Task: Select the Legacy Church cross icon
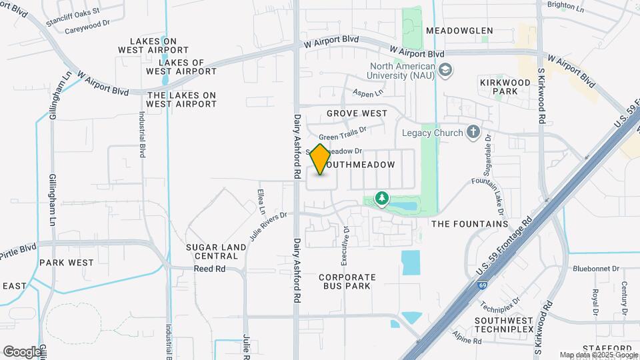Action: (473, 132)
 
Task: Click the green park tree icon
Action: (381, 198)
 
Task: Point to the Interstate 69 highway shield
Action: (481, 285)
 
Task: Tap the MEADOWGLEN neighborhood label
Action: (459, 31)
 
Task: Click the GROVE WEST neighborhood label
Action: (357, 113)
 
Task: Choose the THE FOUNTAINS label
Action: (470, 224)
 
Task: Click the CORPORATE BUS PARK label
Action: (347, 281)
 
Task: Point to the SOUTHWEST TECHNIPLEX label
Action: (504, 325)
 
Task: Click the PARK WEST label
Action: (67, 263)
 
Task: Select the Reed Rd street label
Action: (210, 269)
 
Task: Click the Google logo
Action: (22, 351)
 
